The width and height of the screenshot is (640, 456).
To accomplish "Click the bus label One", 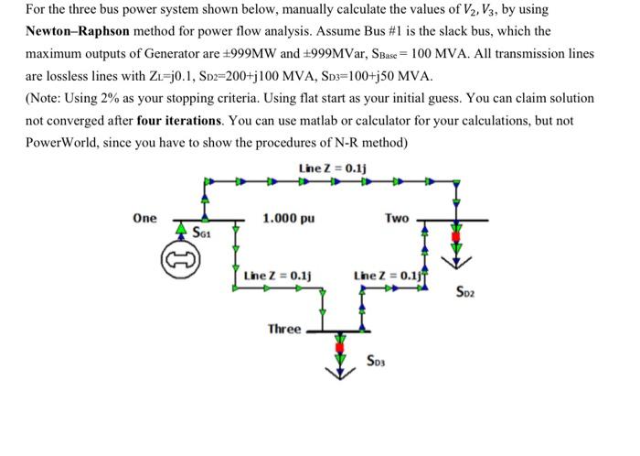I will point(144,219).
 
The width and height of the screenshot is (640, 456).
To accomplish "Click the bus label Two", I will point(397,219).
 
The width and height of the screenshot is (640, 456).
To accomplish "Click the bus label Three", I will point(284,329).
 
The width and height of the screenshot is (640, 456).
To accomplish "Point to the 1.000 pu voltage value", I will point(289,219).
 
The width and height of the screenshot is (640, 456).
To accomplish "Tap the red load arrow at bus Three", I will point(342,351).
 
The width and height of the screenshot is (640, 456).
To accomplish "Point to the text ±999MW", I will point(273,53).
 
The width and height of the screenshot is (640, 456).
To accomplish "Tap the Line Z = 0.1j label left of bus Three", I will point(279,275).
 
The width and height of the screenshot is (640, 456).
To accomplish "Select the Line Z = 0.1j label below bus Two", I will point(388,275).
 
